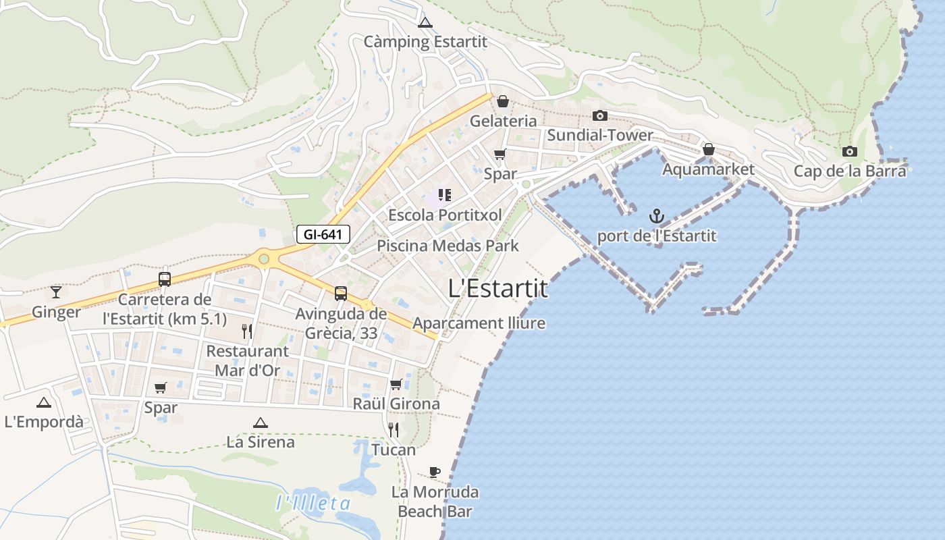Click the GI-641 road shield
323,235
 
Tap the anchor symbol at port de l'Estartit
657,217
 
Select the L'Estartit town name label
498,289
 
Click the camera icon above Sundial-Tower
599,116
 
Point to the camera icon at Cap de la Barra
849,151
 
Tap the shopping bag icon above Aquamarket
708,149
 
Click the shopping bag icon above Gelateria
502,102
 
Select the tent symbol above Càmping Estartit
425,23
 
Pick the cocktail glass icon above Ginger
56,292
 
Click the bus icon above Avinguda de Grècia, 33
341,294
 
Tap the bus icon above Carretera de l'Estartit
165,279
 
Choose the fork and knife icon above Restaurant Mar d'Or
247,331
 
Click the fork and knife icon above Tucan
394,429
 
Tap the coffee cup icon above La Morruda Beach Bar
435,472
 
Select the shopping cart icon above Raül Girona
396,384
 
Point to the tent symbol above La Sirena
261,423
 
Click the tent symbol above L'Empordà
44,403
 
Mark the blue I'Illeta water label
313,503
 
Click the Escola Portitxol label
445,215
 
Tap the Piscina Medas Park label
448,246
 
